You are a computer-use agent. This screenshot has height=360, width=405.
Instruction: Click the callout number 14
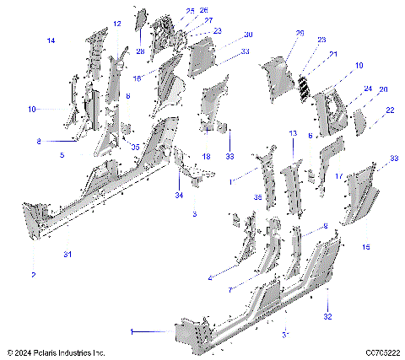(x=51, y=40)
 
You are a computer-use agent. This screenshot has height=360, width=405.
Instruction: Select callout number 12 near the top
(x=117, y=24)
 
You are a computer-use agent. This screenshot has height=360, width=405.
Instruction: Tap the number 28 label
(x=139, y=52)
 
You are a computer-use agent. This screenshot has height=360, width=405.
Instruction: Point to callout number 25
(x=190, y=11)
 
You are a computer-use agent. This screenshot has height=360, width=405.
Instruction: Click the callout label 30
(x=248, y=35)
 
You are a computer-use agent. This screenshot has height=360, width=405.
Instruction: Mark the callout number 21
(x=332, y=54)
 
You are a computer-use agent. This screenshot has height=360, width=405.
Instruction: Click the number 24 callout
(x=367, y=88)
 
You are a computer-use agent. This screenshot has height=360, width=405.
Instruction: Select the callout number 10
(x=32, y=110)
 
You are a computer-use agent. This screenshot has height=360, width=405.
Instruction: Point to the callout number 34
(x=178, y=195)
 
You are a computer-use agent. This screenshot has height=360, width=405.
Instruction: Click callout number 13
(x=293, y=134)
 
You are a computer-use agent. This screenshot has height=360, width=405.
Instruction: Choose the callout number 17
(x=338, y=176)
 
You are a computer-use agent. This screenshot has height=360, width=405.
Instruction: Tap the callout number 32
(x=328, y=316)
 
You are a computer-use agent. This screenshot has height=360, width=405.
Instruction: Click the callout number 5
(x=62, y=155)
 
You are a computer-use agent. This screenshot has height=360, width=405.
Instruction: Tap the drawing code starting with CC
(x=382, y=351)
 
